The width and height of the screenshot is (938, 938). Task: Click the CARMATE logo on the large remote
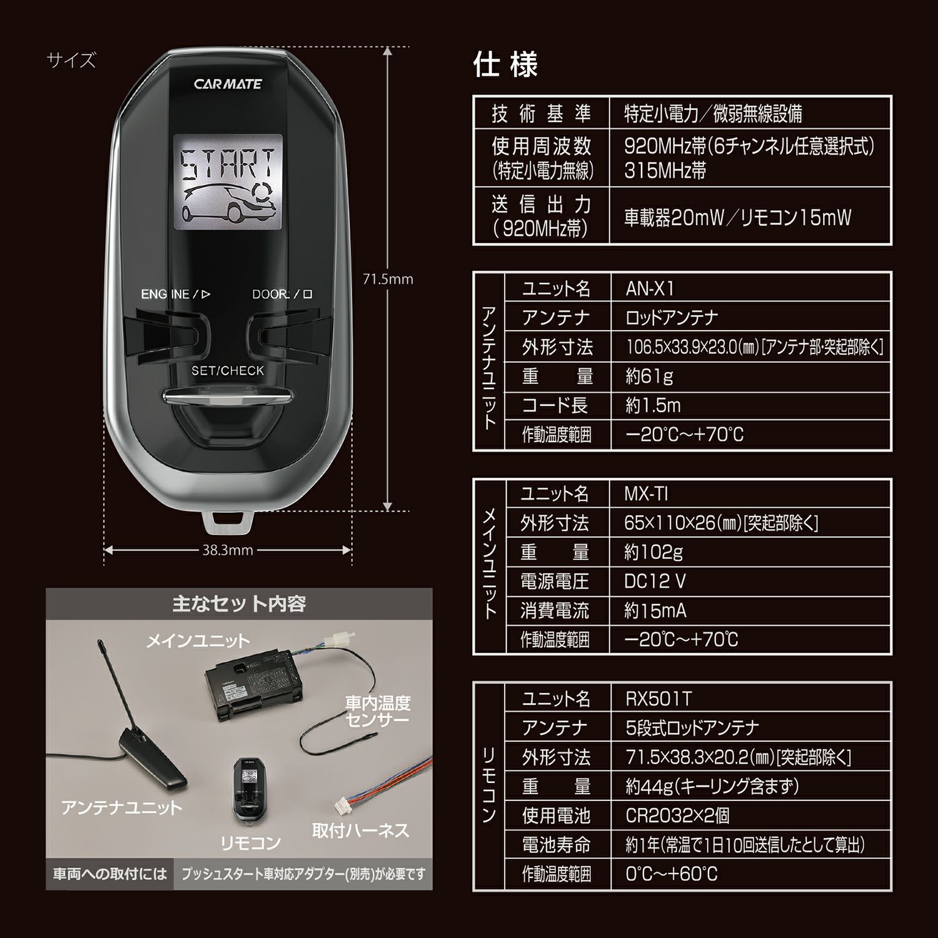pos(228,84)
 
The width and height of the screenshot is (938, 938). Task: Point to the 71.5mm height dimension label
pos(388,280)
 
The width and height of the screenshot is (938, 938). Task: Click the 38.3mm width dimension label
pos(228,550)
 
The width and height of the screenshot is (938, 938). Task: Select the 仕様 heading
pos(505,64)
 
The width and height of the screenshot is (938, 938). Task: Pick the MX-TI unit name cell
pos(647,494)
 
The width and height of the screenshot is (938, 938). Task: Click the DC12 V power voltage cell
pos(655,582)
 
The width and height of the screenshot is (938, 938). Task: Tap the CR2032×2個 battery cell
pos(677,815)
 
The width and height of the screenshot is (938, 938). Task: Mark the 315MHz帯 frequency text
pos(665,171)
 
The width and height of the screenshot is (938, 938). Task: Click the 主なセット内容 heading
pos(239,604)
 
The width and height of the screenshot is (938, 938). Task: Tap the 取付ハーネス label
pos(360,830)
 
